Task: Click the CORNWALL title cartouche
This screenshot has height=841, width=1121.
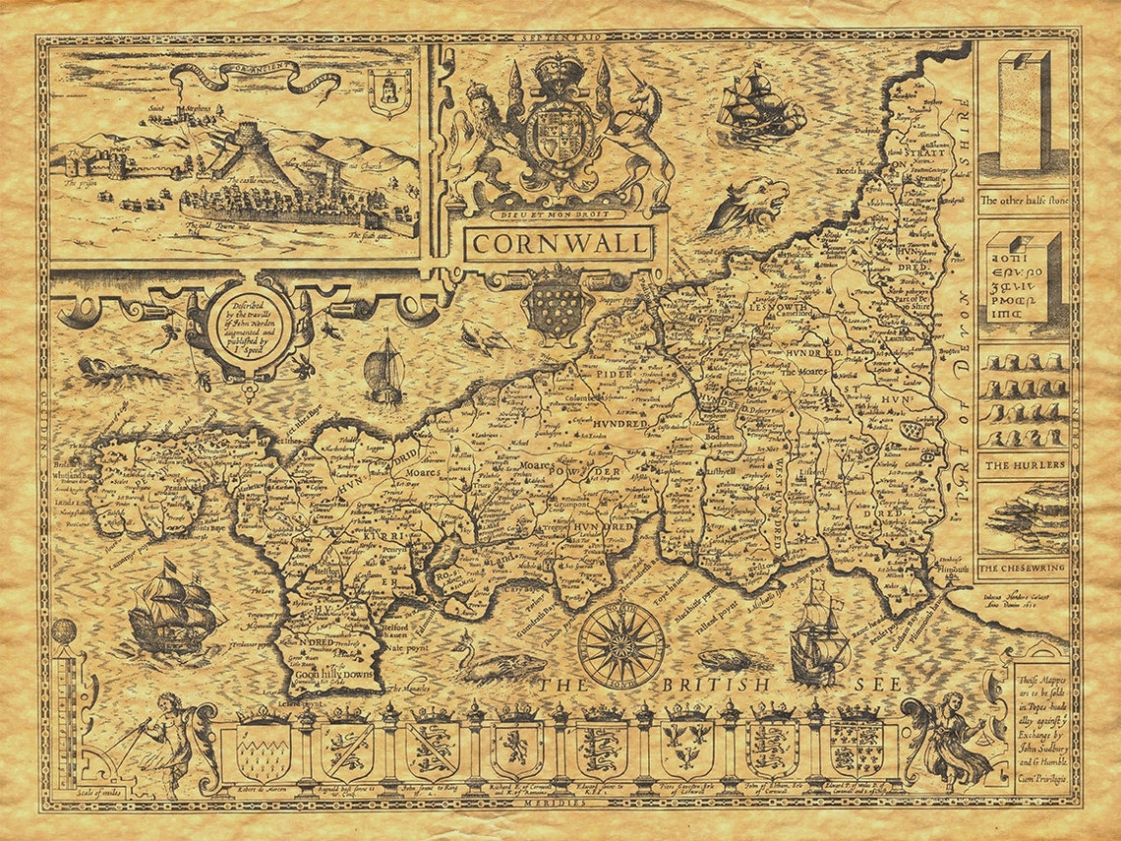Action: [x=559, y=242]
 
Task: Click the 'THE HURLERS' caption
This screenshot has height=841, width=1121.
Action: [x=1023, y=464]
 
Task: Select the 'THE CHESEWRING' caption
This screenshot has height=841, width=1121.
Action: [x=1023, y=568]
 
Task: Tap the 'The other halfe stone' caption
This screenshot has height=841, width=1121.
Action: [x=1023, y=199]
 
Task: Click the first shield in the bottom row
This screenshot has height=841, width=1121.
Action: [x=263, y=751]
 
